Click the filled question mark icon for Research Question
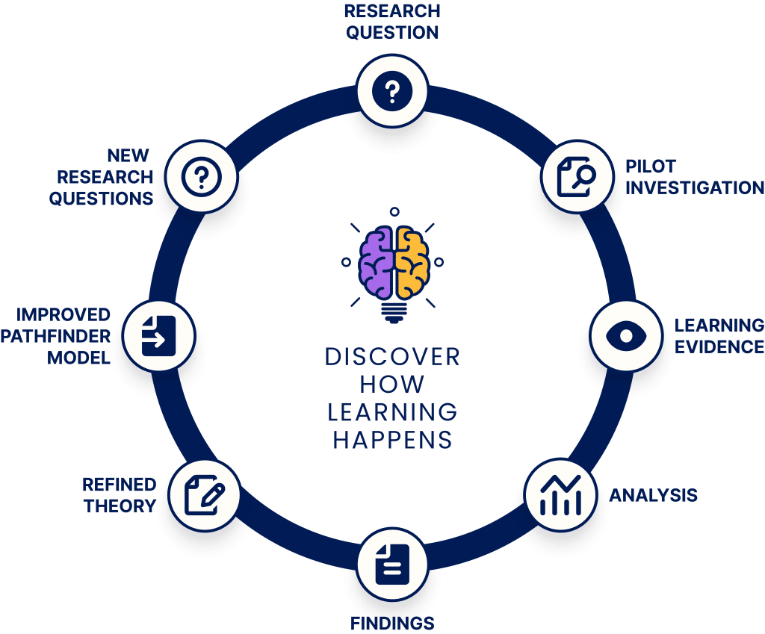(392, 91)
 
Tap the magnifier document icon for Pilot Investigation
(576, 176)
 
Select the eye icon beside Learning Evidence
(626, 335)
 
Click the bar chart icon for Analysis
(560, 495)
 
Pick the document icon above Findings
(392, 565)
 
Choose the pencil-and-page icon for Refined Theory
(205, 495)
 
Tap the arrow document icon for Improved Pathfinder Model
(158, 335)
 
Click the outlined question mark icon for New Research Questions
(202, 176)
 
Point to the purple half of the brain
(376, 262)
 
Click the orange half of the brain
(412, 262)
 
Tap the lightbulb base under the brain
(393, 311)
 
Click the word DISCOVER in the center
(392, 357)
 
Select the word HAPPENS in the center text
(392, 440)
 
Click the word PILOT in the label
(651, 167)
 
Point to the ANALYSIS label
(653, 495)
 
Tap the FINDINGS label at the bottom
(392, 623)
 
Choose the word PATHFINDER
(55, 336)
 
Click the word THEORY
(120, 506)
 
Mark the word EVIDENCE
(719, 346)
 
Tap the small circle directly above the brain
(394, 211)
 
